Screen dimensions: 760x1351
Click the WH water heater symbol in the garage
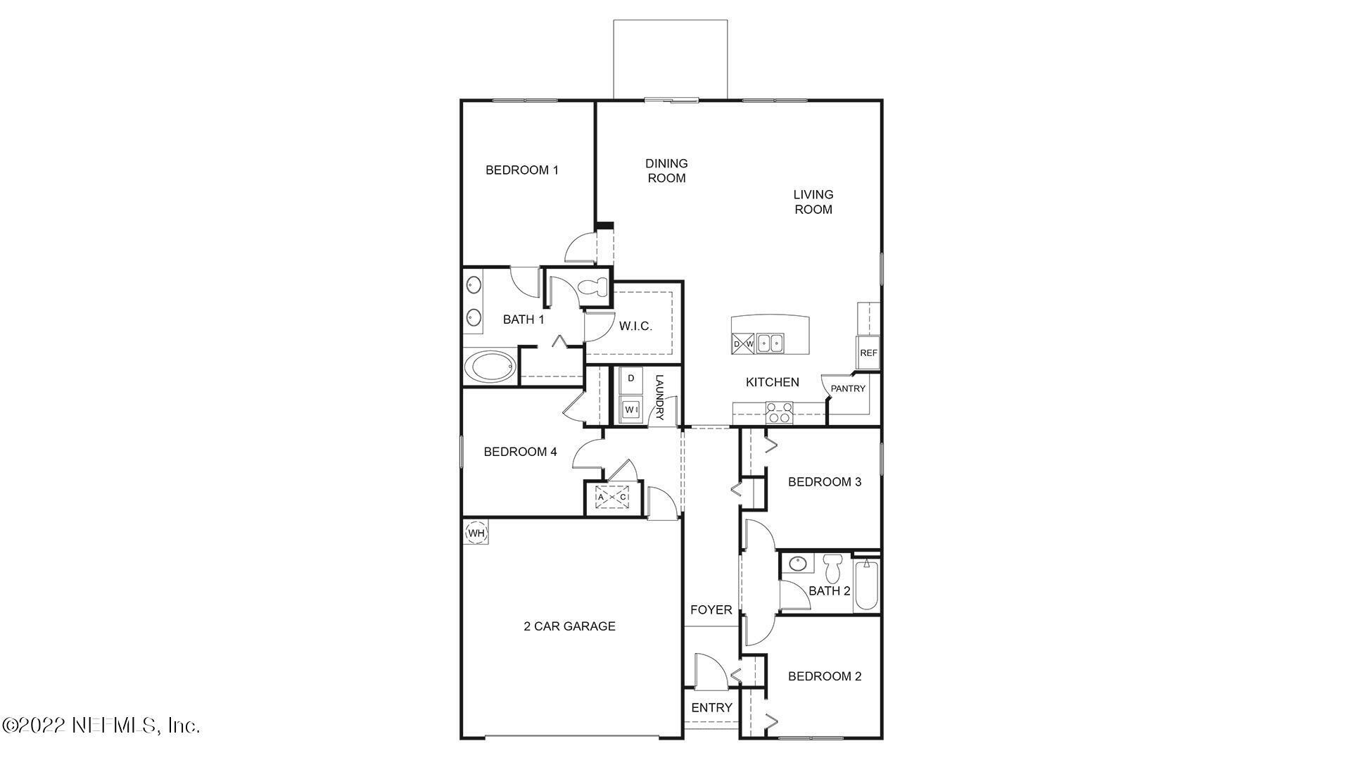coord(476,533)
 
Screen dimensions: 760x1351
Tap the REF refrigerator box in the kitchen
coord(868,353)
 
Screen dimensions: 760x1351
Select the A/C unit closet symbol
coord(611,497)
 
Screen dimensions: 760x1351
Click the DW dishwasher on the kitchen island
coord(743,343)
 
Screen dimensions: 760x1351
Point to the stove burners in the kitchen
coord(779,412)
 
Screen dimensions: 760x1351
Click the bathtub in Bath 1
coord(491,367)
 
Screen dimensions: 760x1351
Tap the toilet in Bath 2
coord(834,566)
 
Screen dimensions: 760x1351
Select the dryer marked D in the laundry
coord(631,379)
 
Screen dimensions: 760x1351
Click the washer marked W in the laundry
coord(630,409)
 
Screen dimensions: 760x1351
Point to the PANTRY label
coord(848,388)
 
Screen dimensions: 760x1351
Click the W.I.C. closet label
coord(635,327)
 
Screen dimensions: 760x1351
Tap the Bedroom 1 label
coord(522,170)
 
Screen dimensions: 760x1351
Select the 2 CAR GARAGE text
coord(569,626)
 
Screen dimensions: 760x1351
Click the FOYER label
coord(711,609)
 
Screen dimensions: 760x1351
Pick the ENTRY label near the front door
coord(711,707)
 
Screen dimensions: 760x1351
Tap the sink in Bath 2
coord(798,564)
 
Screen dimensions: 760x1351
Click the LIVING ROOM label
coord(813,201)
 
